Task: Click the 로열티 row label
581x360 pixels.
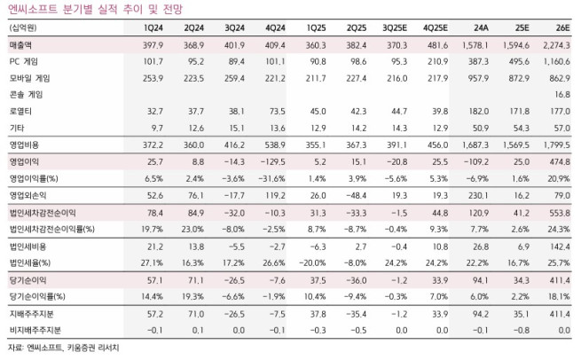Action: pyautogui.click(x=20, y=111)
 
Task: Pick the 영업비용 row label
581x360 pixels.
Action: pyautogui.click(x=24, y=144)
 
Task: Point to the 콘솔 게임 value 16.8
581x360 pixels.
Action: pyautogui.click(x=561, y=94)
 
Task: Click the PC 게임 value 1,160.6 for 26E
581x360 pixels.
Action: pyautogui.click(x=556, y=61)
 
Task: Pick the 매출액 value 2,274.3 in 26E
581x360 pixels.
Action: pyautogui.click(x=556, y=44)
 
